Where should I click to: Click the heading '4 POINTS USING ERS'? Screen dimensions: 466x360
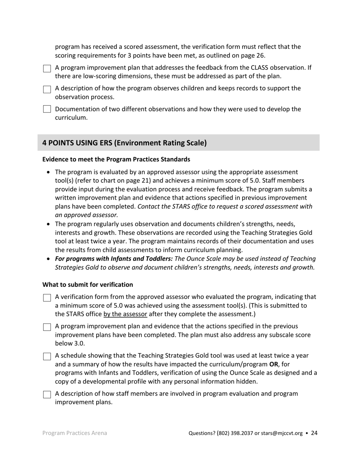[124, 143]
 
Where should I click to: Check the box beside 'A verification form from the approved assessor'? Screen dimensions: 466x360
[47, 298]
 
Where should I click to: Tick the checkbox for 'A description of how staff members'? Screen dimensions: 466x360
[47, 394]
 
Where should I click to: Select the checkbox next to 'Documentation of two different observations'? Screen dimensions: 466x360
[47, 109]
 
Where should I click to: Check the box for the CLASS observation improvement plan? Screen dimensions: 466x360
[47, 69]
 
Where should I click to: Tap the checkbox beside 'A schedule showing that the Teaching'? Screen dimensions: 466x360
[47, 357]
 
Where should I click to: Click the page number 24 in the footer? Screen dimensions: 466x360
[314, 433]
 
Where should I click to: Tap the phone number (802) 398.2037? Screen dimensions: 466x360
[235, 433]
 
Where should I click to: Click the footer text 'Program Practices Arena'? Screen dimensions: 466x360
[75, 433]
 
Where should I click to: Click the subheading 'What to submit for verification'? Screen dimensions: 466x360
[88, 285]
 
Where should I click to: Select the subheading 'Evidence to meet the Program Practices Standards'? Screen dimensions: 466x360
[116, 159]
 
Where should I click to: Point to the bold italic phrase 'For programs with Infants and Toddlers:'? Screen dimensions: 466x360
[114, 259]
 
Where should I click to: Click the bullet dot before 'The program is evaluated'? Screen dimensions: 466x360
[48, 172]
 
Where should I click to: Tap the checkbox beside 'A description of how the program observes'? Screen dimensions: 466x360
[47, 89]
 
